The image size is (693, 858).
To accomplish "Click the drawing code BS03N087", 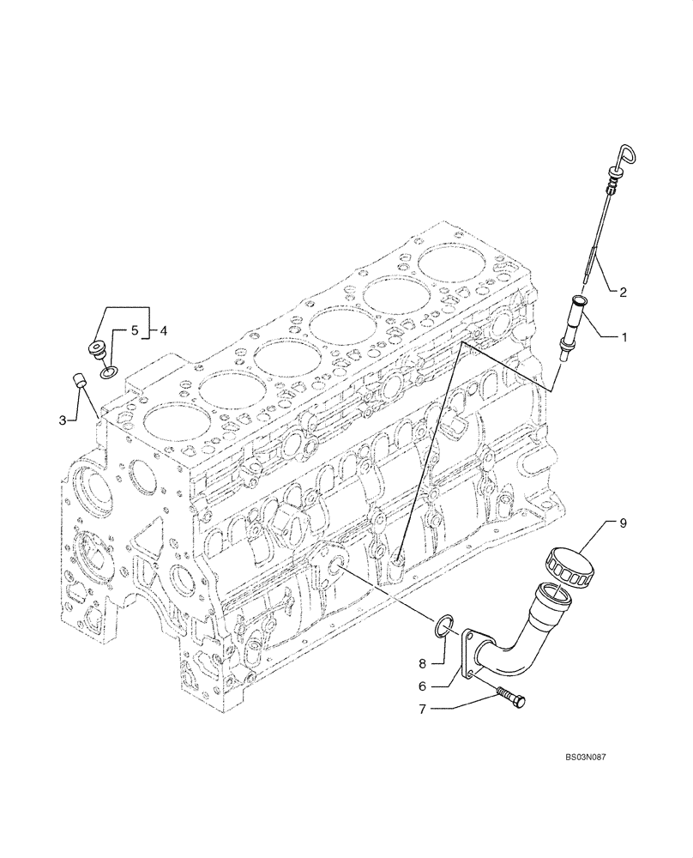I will click(591, 758).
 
